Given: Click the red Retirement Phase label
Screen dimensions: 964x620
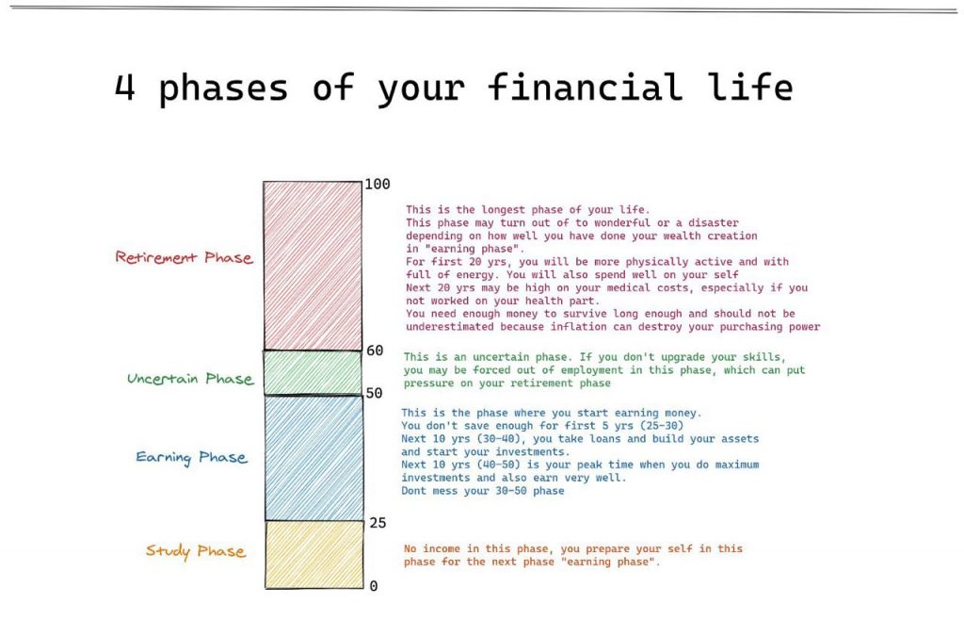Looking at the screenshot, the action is (184, 257).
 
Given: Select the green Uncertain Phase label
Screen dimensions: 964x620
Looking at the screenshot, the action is (190, 378).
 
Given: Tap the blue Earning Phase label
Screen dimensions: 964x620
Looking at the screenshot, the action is (192, 457).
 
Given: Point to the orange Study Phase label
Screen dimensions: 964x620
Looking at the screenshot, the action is (196, 550).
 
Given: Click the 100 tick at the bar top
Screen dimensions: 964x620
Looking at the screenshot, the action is (377, 184).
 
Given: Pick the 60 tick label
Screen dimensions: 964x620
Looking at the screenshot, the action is (375, 351).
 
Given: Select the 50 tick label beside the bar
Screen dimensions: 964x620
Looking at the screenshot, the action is (374, 393).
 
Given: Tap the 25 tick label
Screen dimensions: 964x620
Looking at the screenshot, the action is (378, 523).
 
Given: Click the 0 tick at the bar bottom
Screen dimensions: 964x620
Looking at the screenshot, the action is (373, 586).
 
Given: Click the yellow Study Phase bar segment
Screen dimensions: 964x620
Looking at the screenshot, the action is (314, 555).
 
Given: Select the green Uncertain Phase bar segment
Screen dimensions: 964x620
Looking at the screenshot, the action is (313, 373).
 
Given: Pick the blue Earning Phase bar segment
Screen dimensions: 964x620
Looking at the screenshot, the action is (314, 458).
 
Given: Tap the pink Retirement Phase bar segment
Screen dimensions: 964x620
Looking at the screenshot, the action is (313, 266).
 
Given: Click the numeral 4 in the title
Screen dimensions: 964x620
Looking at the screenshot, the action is (124, 87).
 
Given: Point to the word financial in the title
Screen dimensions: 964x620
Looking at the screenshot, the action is (586, 86).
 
